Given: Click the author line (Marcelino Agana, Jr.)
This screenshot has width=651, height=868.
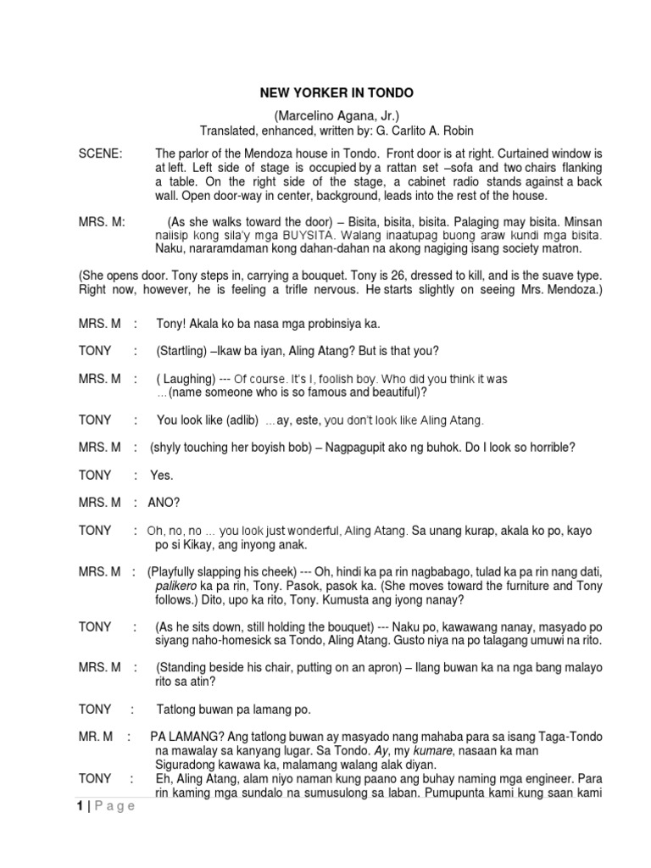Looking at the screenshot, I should pyautogui.click(x=336, y=115).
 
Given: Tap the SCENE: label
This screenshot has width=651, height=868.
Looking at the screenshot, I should pyautogui.click(x=100, y=153).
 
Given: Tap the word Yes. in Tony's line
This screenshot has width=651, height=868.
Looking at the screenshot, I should pyautogui.click(x=161, y=476).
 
